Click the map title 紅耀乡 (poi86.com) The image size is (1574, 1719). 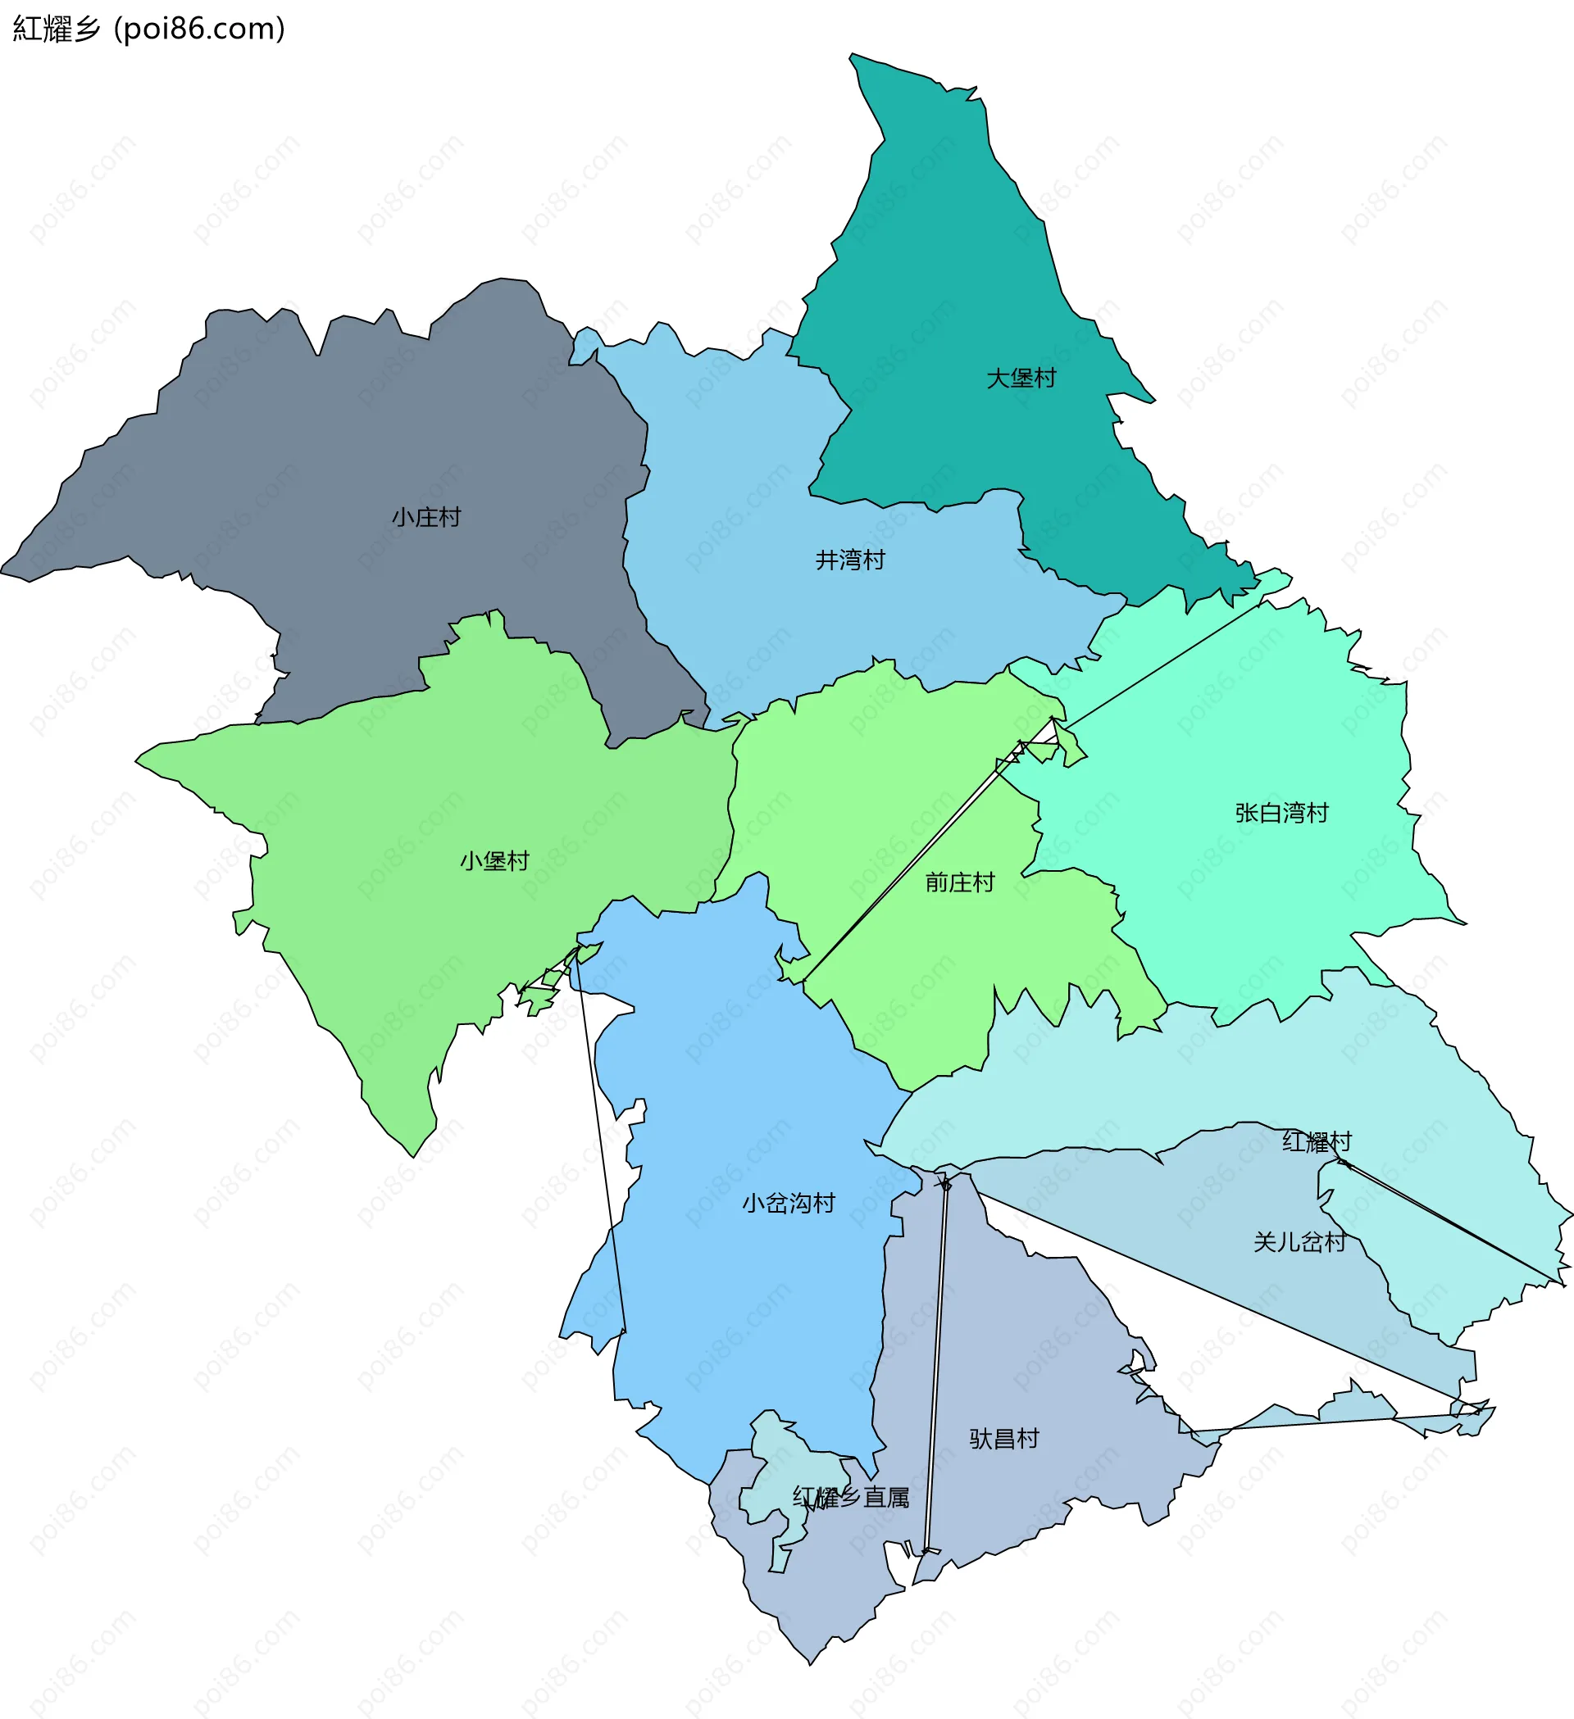149,29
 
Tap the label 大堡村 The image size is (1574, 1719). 1021,378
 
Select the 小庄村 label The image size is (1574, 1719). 426,517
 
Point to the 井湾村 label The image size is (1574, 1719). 851,560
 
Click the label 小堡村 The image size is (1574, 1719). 495,860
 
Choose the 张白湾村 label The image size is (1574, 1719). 1281,813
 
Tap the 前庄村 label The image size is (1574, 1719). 960,882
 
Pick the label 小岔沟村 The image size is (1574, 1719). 789,1203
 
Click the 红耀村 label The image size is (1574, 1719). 1317,1141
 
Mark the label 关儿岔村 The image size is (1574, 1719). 1299,1241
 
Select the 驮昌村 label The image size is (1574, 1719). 1004,1439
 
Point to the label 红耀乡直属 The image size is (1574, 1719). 851,1496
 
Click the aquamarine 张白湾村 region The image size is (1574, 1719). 1237,896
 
